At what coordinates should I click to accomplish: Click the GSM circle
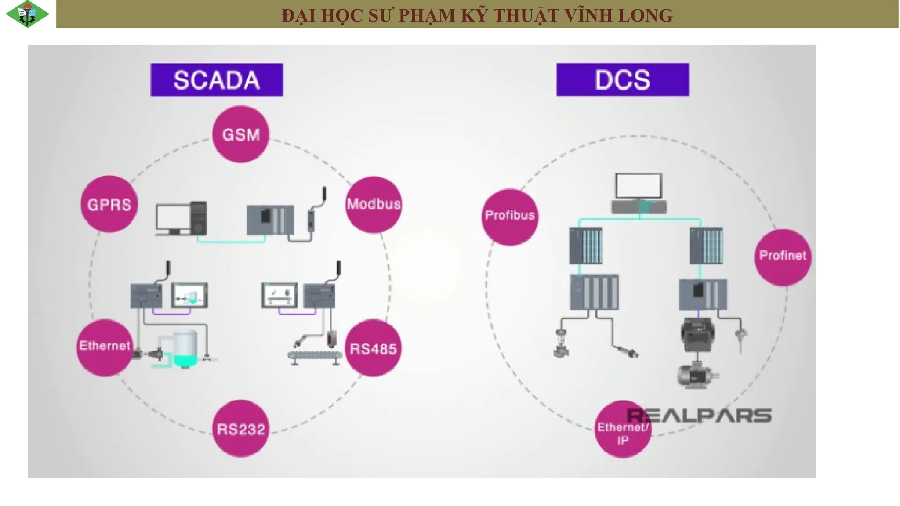click(x=240, y=134)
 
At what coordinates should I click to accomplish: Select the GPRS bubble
click(x=109, y=204)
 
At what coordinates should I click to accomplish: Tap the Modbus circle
click(x=374, y=204)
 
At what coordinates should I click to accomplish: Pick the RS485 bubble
click(x=373, y=348)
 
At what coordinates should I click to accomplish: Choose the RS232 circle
click(x=241, y=428)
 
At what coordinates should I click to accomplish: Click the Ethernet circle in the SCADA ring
click(x=105, y=347)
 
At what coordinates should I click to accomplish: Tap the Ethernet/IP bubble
click(x=623, y=429)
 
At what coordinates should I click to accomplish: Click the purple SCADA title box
click(x=217, y=80)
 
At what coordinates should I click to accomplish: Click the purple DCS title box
click(x=623, y=80)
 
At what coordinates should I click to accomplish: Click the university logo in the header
click(x=27, y=14)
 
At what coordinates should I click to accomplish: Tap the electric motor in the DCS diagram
click(x=697, y=376)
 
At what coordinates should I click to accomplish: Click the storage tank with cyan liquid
click(x=185, y=348)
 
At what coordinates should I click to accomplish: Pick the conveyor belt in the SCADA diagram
click(x=315, y=357)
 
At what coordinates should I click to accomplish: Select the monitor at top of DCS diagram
click(x=639, y=186)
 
